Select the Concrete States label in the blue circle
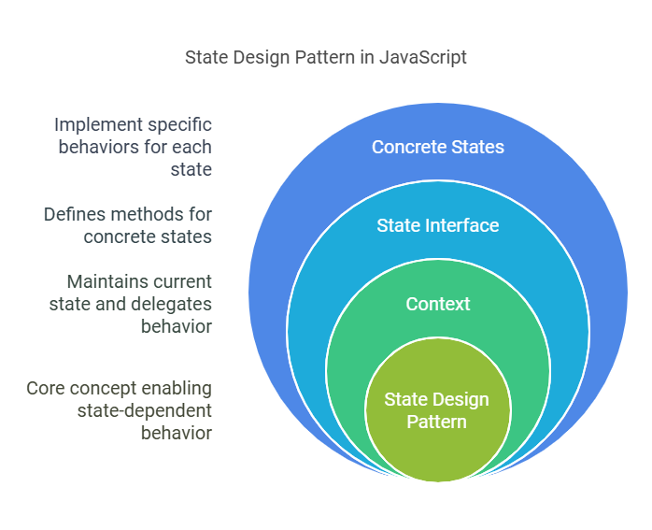437,147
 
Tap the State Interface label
437,225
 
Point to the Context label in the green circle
437,304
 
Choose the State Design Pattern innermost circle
437,411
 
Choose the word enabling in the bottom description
180,388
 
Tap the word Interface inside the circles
456,225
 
